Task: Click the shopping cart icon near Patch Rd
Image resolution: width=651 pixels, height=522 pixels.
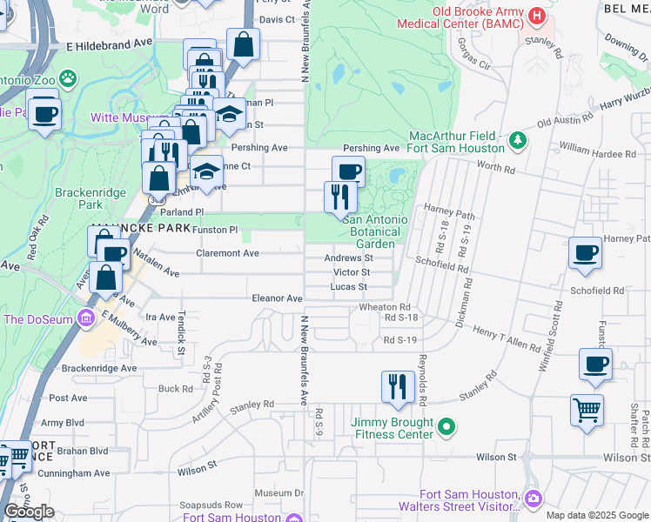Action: [587, 409]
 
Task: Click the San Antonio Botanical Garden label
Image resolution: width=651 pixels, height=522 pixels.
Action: [375, 231]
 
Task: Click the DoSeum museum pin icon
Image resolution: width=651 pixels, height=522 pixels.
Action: [86, 319]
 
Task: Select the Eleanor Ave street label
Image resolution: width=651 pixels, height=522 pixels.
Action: [277, 298]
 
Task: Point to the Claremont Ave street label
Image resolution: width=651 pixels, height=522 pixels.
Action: [228, 253]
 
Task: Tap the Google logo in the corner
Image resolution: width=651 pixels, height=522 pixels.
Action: [29, 512]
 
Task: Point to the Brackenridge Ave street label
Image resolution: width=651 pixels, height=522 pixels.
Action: [99, 368]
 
